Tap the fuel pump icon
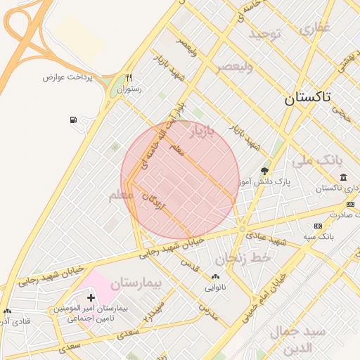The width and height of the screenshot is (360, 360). (x=74, y=120)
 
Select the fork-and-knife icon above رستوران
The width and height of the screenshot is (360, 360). (x=129, y=77)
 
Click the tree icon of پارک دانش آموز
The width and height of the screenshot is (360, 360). (x=264, y=171)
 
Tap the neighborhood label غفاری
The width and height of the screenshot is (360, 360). (x=314, y=29)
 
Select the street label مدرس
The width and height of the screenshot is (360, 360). (x=208, y=313)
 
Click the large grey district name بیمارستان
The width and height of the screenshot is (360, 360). (x=136, y=283)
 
